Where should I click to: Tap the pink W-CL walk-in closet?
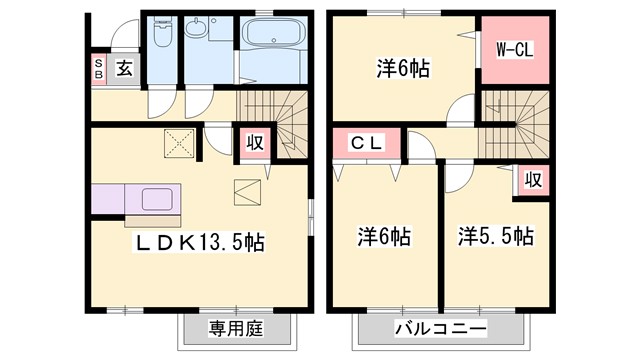(515, 49)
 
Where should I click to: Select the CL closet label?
(365, 143)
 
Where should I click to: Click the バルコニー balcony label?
(440, 329)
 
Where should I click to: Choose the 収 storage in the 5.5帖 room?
(533, 180)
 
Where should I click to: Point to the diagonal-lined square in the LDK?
(247, 190)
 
